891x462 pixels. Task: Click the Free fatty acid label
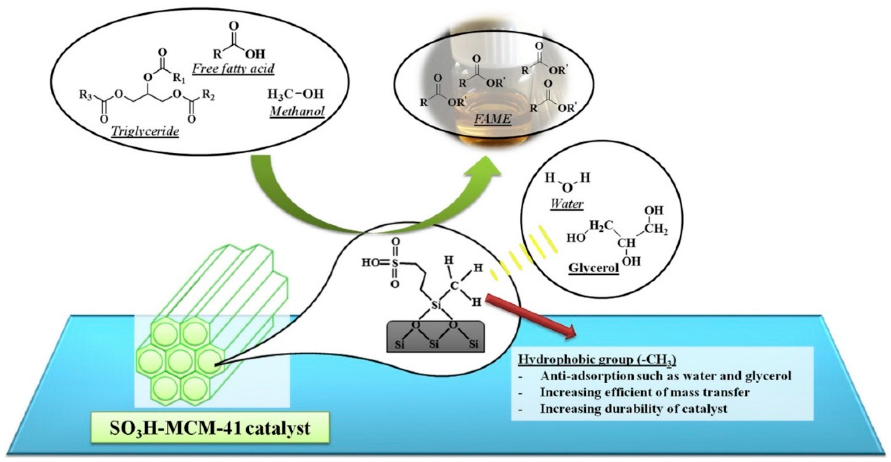[x=233, y=68]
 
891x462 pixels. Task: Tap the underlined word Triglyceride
[x=145, y=131]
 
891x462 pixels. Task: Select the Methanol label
[x=297, y=111]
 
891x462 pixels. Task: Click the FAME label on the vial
[x=492, y=119]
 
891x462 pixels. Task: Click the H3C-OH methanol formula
[x=296, y=94]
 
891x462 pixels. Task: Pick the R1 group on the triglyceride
[x=179, y=78]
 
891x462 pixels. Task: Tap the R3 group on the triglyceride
[x=85, y=95]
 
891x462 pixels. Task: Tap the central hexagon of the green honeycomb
[x=180, y=360]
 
